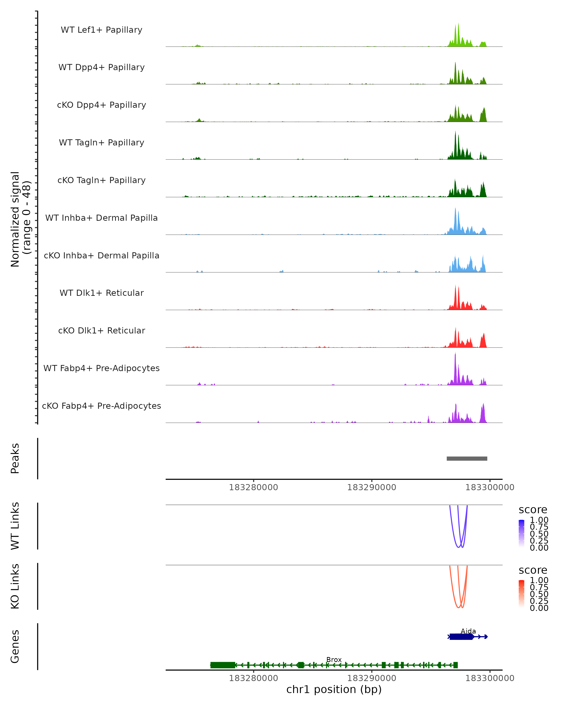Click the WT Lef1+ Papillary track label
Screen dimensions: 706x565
click(x=101, y=30)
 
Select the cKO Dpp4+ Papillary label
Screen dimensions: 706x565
click(x=101, y=105)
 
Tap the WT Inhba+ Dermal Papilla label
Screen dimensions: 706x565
click(x=101, y=218)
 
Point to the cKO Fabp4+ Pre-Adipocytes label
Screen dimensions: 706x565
click(x=101, y=406)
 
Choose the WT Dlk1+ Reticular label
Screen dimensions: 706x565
click(x=101, y=293)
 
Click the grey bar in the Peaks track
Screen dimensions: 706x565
click(x=467, y=458)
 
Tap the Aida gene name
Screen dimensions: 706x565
click(x=468, y=631)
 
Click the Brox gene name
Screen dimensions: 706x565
click(x=334, y=659)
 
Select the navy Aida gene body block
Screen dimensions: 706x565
click(x=461, y=637)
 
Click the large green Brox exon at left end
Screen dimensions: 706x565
click(x=223, y=665)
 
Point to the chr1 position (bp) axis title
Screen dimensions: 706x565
click(x=334, y=689)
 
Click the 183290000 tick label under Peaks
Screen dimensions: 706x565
click(x=371, y=487)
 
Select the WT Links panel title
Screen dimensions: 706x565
click(x=15, y=526)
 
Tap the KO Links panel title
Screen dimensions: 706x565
click(x=15, y=586)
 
